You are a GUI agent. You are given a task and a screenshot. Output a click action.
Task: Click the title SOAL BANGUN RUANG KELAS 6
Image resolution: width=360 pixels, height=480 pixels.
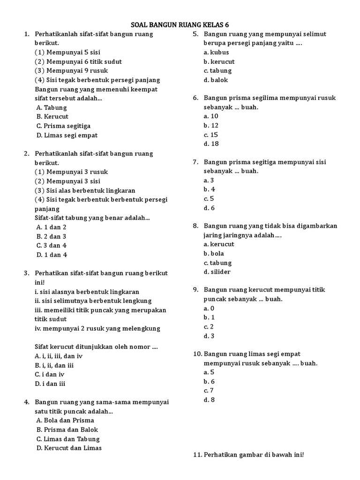pos(180,25)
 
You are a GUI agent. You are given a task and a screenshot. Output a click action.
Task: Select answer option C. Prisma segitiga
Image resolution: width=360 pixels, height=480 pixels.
pos(63,126)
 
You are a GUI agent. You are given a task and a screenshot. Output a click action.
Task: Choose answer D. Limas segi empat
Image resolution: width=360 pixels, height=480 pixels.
pos(67,135)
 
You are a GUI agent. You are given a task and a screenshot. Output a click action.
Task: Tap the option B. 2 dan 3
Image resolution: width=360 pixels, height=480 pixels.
pos(51,236)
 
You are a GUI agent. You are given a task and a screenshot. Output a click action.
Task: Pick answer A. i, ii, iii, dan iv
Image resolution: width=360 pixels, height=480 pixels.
pos(59,356)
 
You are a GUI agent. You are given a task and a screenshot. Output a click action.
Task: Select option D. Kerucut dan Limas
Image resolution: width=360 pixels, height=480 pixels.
pos(69,448)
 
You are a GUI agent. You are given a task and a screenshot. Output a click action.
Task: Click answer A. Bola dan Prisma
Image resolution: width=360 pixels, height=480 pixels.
pos(65,420)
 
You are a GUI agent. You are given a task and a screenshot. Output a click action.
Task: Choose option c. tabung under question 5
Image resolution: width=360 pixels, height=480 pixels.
pos(217,71)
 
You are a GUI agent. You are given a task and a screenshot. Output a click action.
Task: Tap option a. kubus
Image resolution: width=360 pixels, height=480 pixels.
pos(216,52)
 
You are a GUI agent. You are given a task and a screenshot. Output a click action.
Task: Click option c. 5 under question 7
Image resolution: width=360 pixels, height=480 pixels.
pos(209,199)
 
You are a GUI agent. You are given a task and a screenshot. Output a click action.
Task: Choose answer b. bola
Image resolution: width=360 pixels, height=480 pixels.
pos(214,254)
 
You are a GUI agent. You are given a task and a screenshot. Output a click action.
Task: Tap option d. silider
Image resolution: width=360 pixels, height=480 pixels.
pos(217,272)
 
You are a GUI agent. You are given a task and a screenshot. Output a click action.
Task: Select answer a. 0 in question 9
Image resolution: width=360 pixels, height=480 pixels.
pos(209,308)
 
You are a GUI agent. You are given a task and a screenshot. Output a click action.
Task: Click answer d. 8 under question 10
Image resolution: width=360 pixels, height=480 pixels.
pos(209,400)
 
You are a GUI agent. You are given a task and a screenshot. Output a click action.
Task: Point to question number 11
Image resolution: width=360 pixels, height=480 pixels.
pos(197,455)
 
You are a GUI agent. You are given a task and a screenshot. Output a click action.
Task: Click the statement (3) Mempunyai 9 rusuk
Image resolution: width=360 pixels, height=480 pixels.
pos(71,71)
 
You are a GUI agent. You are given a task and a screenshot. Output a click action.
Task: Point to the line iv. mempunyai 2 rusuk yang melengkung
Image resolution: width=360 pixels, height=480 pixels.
pos(97,329)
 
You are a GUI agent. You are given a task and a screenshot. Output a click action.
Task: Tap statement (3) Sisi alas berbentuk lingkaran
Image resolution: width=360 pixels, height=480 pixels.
pos(85,190)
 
